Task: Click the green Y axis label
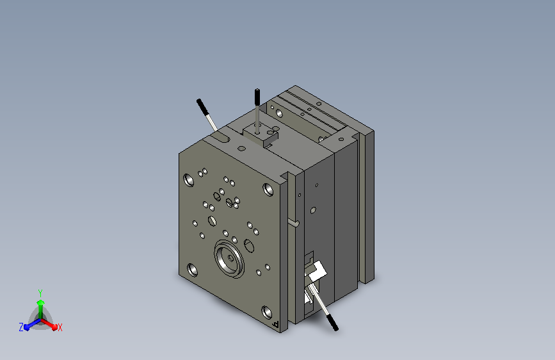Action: click(x=40, y=293)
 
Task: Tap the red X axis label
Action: click(x=60, y=327)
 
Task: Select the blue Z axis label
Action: click(x=21, y=327)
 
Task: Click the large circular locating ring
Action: click(x=229, y=259)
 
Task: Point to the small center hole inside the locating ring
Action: click(x=231, y=258)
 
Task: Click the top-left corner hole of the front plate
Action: click(x=189, y=180)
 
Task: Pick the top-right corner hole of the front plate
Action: click(x=268, y=189)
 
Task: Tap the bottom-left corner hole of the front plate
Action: click(x=192, y=270)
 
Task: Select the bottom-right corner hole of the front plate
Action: click(x=266, y=312)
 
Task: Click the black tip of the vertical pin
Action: click(x=257, y=97)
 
